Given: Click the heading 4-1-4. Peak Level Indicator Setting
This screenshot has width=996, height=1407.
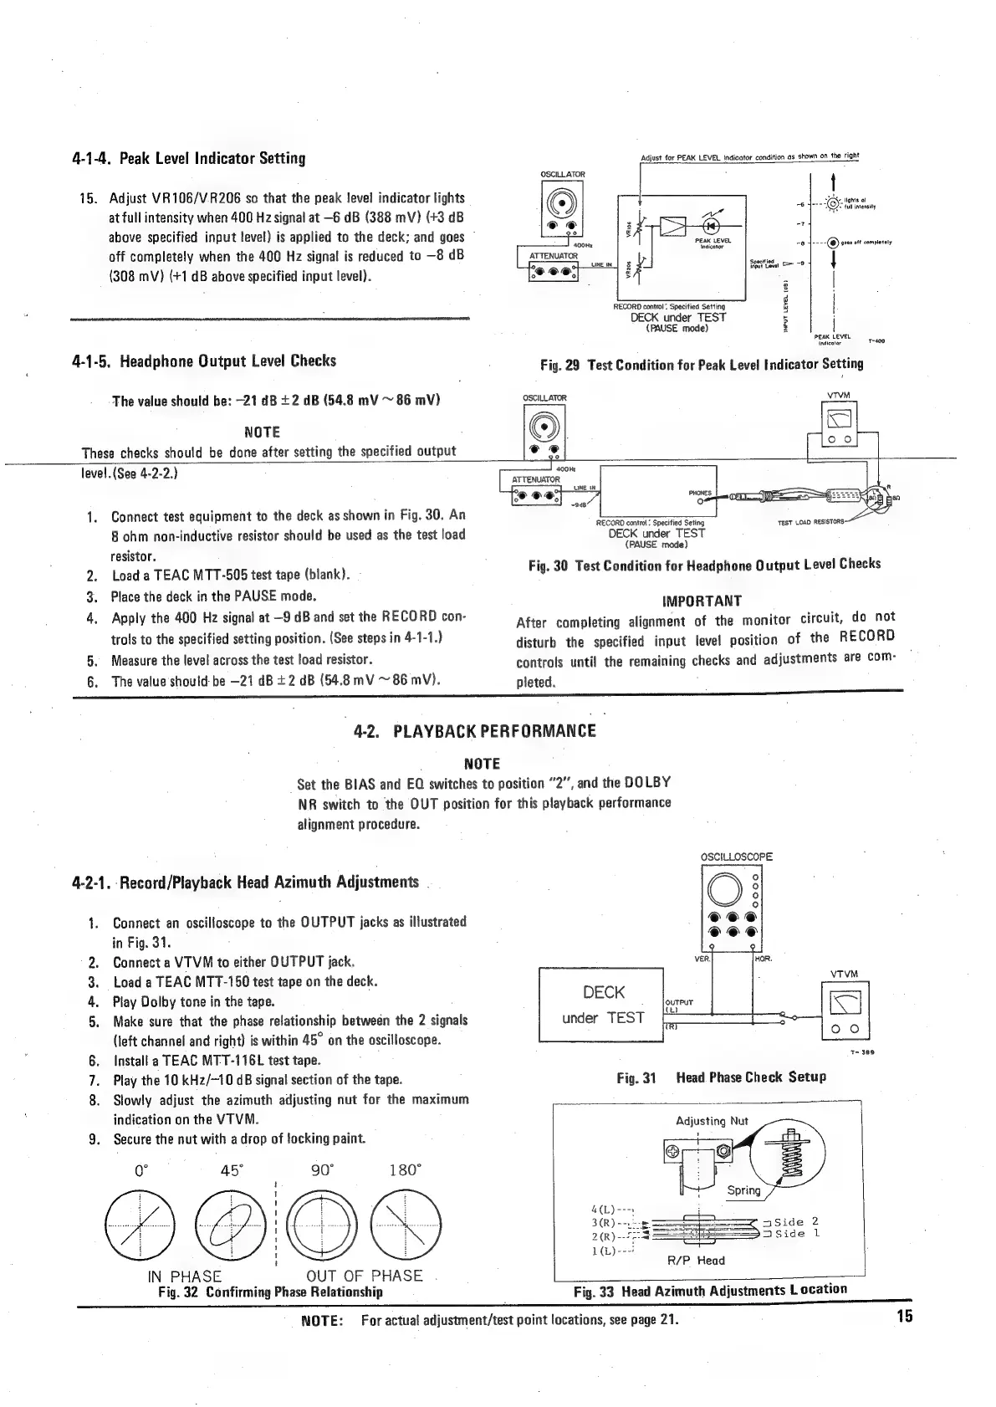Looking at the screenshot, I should (188, 158).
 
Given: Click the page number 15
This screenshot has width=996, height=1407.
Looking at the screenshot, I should (903, 1316).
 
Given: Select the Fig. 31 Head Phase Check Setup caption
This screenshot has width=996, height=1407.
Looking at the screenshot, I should (721, 1077).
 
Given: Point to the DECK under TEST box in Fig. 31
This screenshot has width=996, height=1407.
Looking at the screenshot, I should (601, 1005).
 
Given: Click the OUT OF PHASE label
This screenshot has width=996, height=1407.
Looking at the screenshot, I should (364, 1276).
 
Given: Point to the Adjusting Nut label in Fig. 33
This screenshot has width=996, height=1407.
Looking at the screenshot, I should (711, 1121).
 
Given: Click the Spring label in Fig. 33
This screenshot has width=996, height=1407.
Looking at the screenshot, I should (743, 1190).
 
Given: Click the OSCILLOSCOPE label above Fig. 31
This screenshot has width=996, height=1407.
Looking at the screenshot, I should (736, 857).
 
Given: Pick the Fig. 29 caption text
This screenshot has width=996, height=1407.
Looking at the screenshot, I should (702, 364).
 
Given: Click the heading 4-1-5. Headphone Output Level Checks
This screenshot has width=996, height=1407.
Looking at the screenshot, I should (204, 361).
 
